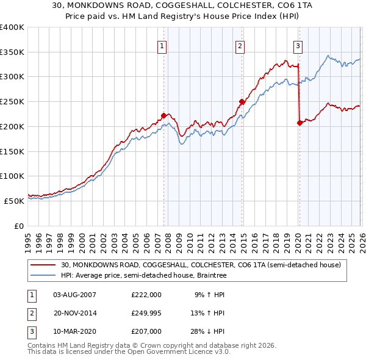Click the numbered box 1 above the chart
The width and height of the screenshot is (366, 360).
pos(162,45)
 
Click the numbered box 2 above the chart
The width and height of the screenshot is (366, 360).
pos(240,45)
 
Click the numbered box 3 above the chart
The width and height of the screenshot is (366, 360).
pos(298,45)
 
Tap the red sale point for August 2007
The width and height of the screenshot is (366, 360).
pos(163,115)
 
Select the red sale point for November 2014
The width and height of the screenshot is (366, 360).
pos(242,102)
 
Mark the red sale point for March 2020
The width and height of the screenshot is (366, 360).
pos(300,123)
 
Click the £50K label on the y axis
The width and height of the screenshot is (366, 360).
pos(14,201)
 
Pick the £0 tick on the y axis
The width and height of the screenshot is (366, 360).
pos(19,226)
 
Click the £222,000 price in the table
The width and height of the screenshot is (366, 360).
pos(146,295)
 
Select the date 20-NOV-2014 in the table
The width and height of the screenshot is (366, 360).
pos(75,313)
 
